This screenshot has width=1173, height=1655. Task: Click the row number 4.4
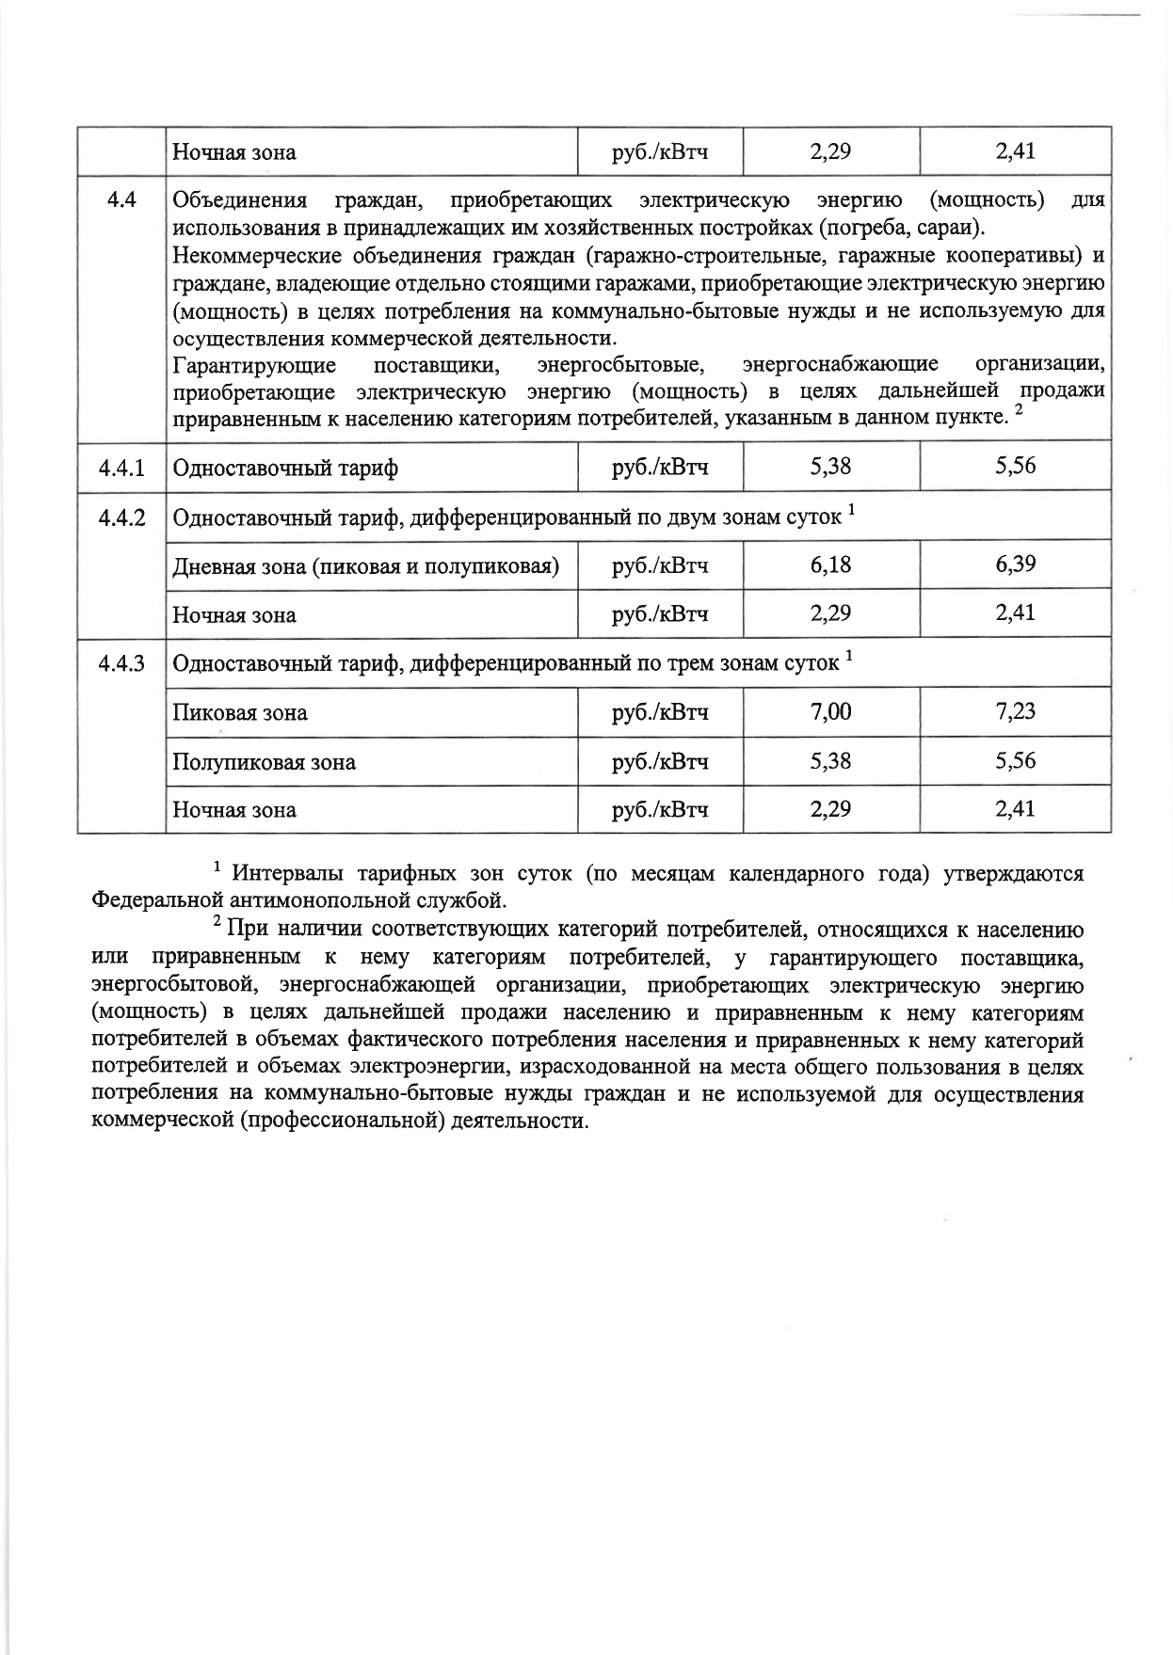click(121, 199)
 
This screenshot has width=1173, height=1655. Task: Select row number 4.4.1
click(121, 468)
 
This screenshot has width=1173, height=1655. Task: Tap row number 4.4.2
click(121, 517)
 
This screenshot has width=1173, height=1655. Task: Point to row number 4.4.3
click(121, 663)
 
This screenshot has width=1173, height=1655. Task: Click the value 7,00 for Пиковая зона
click(830, 711)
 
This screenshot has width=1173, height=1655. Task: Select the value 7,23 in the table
click(1015, 711)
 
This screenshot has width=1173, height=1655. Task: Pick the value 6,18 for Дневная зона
click(830, 565)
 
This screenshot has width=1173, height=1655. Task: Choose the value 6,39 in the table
click(1015, 565)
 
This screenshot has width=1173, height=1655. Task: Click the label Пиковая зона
click(239, 712)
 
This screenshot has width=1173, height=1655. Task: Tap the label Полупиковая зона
click(264, 761)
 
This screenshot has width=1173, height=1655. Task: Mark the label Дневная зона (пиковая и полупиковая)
click(365, 566)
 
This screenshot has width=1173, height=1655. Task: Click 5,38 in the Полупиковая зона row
click(830, 760)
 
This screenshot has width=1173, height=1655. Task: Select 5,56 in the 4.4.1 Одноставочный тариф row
click(1015, 466)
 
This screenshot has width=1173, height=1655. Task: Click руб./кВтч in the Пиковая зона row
click(659, 712)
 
